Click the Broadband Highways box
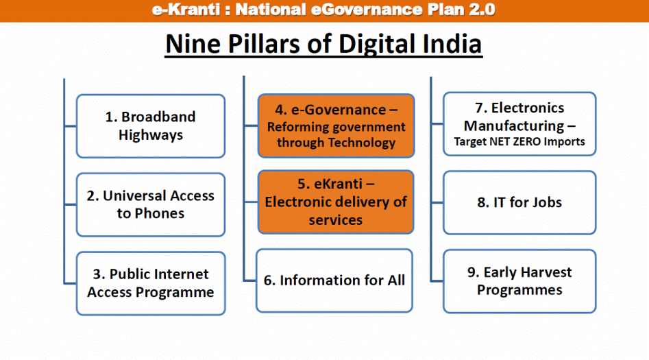[150, 126]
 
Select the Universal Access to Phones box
[150, 204]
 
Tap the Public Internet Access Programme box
[150, 283]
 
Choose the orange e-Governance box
[336, 126]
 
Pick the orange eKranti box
[336, 202]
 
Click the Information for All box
[335, 280]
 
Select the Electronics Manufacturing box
[519, 125]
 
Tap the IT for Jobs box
[519, 202]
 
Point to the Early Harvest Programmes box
[519, 281]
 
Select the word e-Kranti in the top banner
[182, 10]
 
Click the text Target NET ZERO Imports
[519, 142]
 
